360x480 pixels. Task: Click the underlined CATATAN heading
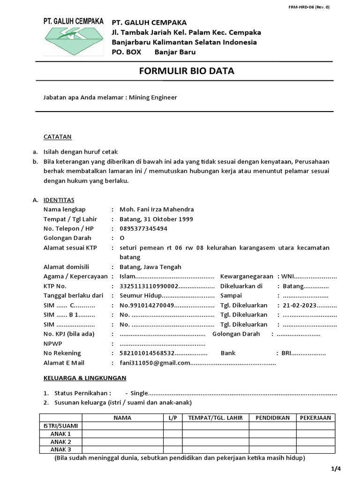point(57,137)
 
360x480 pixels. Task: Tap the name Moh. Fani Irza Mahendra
point(157,210)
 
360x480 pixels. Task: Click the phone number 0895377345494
point(143,229)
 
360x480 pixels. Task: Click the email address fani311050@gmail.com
point(155,363)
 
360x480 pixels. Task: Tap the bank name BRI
point(288,353)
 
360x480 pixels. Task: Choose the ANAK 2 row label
point(60,442)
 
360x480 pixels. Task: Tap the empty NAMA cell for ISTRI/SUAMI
point(122,426)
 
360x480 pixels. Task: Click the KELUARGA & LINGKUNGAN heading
point(85,378)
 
